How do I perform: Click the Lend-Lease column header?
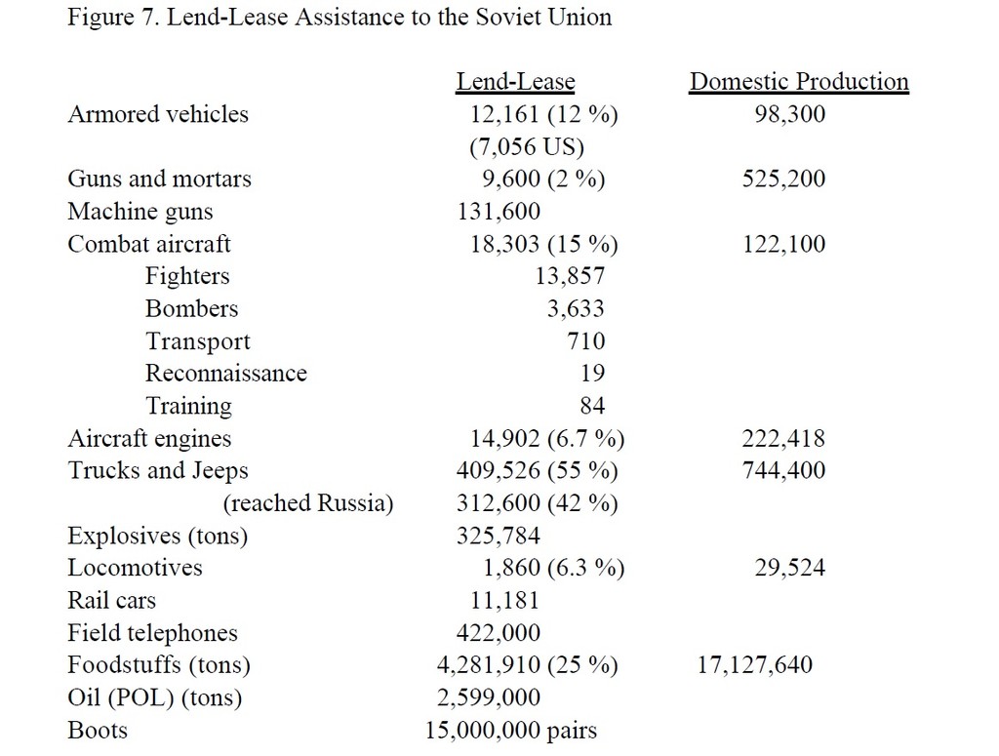coord(515,82)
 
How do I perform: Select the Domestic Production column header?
coord(798,82)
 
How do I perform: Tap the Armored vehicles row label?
coord(158,114)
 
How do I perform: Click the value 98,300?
coord(789,114)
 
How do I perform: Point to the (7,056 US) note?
coord(526,147)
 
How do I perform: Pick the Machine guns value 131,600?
coord(499,212)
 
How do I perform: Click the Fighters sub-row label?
coord(187,276)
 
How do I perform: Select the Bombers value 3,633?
coord(576,309)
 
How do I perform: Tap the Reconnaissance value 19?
coord(592,374)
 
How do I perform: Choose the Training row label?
coord(188,406)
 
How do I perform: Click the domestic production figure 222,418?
coord(783,439)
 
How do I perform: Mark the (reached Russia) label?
coord(308,503)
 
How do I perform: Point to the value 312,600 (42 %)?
coord(537,503)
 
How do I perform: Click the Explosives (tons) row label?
coord(158,536)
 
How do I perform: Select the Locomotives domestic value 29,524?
coord(789,568)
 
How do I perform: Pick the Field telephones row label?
coord(152,633)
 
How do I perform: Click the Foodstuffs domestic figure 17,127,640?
coord(755,665)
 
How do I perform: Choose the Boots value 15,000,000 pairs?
coord(510,730)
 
